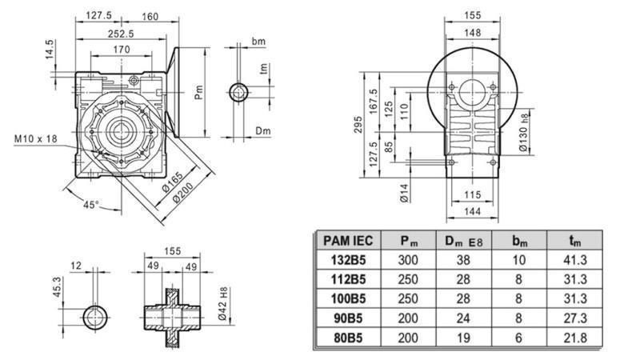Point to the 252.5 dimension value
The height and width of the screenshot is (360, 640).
[x=122, y=34]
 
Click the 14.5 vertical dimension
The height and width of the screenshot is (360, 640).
[x=50, y=50]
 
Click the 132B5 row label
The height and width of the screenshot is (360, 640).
[x=348, y=259]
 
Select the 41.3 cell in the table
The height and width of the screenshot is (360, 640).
[x=574, y=259]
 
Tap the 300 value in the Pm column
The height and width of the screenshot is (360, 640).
[x=410, y=259]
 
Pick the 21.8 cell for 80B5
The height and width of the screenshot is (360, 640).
[x=574, y=338]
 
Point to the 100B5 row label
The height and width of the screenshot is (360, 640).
[x=348, y=298]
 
